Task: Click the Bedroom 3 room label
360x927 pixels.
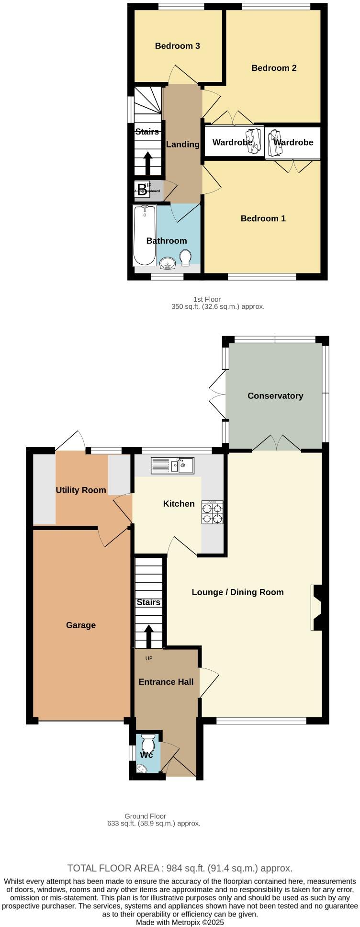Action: point(177,46)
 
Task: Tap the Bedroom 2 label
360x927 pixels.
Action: point(274,68)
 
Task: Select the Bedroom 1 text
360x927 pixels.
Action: point(263,218)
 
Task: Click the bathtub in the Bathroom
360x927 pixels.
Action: point(145,235)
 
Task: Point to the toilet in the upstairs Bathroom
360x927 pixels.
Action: point(185,257)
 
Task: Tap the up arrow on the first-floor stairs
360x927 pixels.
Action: point(147,163)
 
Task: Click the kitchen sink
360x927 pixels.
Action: point(172,465)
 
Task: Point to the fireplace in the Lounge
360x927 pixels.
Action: point(317,608)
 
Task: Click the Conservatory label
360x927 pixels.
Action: point(275,396)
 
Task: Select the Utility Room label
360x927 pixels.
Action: point(81,490)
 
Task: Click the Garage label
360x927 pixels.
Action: point(81,625)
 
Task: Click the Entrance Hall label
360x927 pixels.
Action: point(166,681)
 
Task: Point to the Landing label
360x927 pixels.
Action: point(182,144)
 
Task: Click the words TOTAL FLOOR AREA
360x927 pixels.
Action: point(113,868)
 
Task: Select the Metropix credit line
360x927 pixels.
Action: point(180,922)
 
